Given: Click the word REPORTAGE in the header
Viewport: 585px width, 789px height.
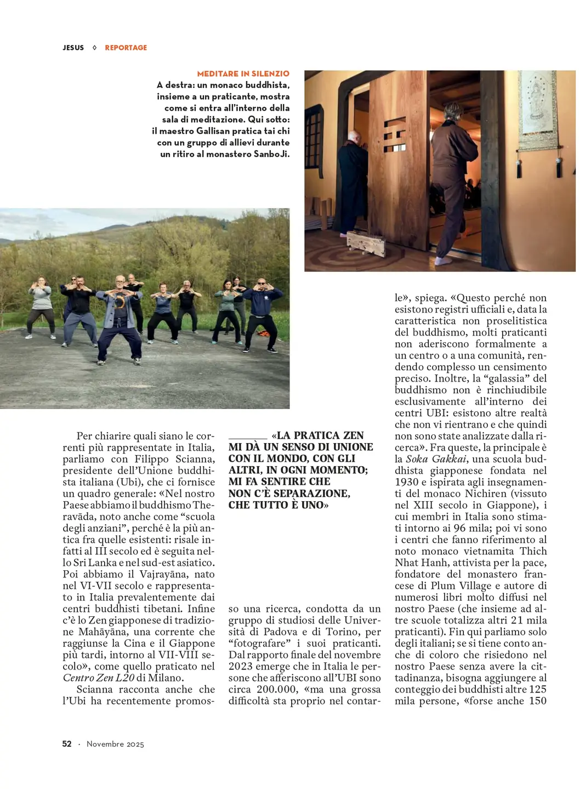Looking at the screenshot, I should tap(126, 48).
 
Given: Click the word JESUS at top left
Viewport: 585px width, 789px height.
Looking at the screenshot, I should tap(73, 48).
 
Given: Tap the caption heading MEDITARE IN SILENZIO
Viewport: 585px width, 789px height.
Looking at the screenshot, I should tap(243, 73).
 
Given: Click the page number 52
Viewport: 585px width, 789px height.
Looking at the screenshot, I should tap(67, 743).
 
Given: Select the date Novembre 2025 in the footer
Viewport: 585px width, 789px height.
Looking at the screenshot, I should tap(115, 744).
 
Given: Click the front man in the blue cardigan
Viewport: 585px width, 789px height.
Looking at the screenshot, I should tap(119, 318).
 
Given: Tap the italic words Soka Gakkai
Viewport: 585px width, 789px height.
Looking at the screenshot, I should tap(436, 459).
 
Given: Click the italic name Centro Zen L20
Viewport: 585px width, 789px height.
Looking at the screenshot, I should tap(98, 678).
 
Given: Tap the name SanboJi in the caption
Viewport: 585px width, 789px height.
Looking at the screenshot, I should tap(271, 154).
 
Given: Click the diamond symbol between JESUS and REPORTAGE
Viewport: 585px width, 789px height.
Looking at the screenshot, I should tap(94, 48).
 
